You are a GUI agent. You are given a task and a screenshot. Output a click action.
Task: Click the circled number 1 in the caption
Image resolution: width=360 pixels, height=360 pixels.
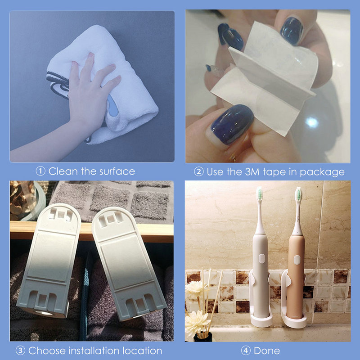[41, 171]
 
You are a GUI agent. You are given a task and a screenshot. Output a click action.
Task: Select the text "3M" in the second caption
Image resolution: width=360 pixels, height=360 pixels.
[249, 171]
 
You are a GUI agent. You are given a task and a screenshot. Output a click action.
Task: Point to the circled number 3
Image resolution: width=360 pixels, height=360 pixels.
[20, 351]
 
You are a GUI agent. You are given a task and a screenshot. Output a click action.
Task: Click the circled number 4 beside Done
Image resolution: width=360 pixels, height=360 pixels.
[246, 351]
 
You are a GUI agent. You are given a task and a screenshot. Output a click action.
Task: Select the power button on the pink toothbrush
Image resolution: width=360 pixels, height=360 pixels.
[297, 260]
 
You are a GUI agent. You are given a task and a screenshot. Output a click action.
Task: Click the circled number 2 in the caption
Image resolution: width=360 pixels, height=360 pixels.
[199, 171]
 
